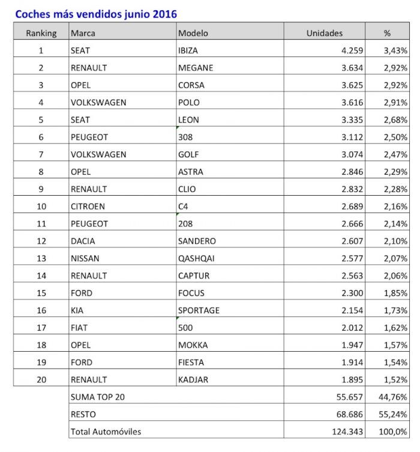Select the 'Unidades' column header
point(324,33)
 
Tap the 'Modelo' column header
point(193,33)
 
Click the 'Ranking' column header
point(41,33)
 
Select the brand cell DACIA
point(83,241)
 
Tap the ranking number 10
point(41,206)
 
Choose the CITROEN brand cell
point(88,206)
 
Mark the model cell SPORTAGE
point(199,310)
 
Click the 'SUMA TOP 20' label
point(98,397)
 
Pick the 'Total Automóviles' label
point(106,432)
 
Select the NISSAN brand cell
point(85,258)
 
